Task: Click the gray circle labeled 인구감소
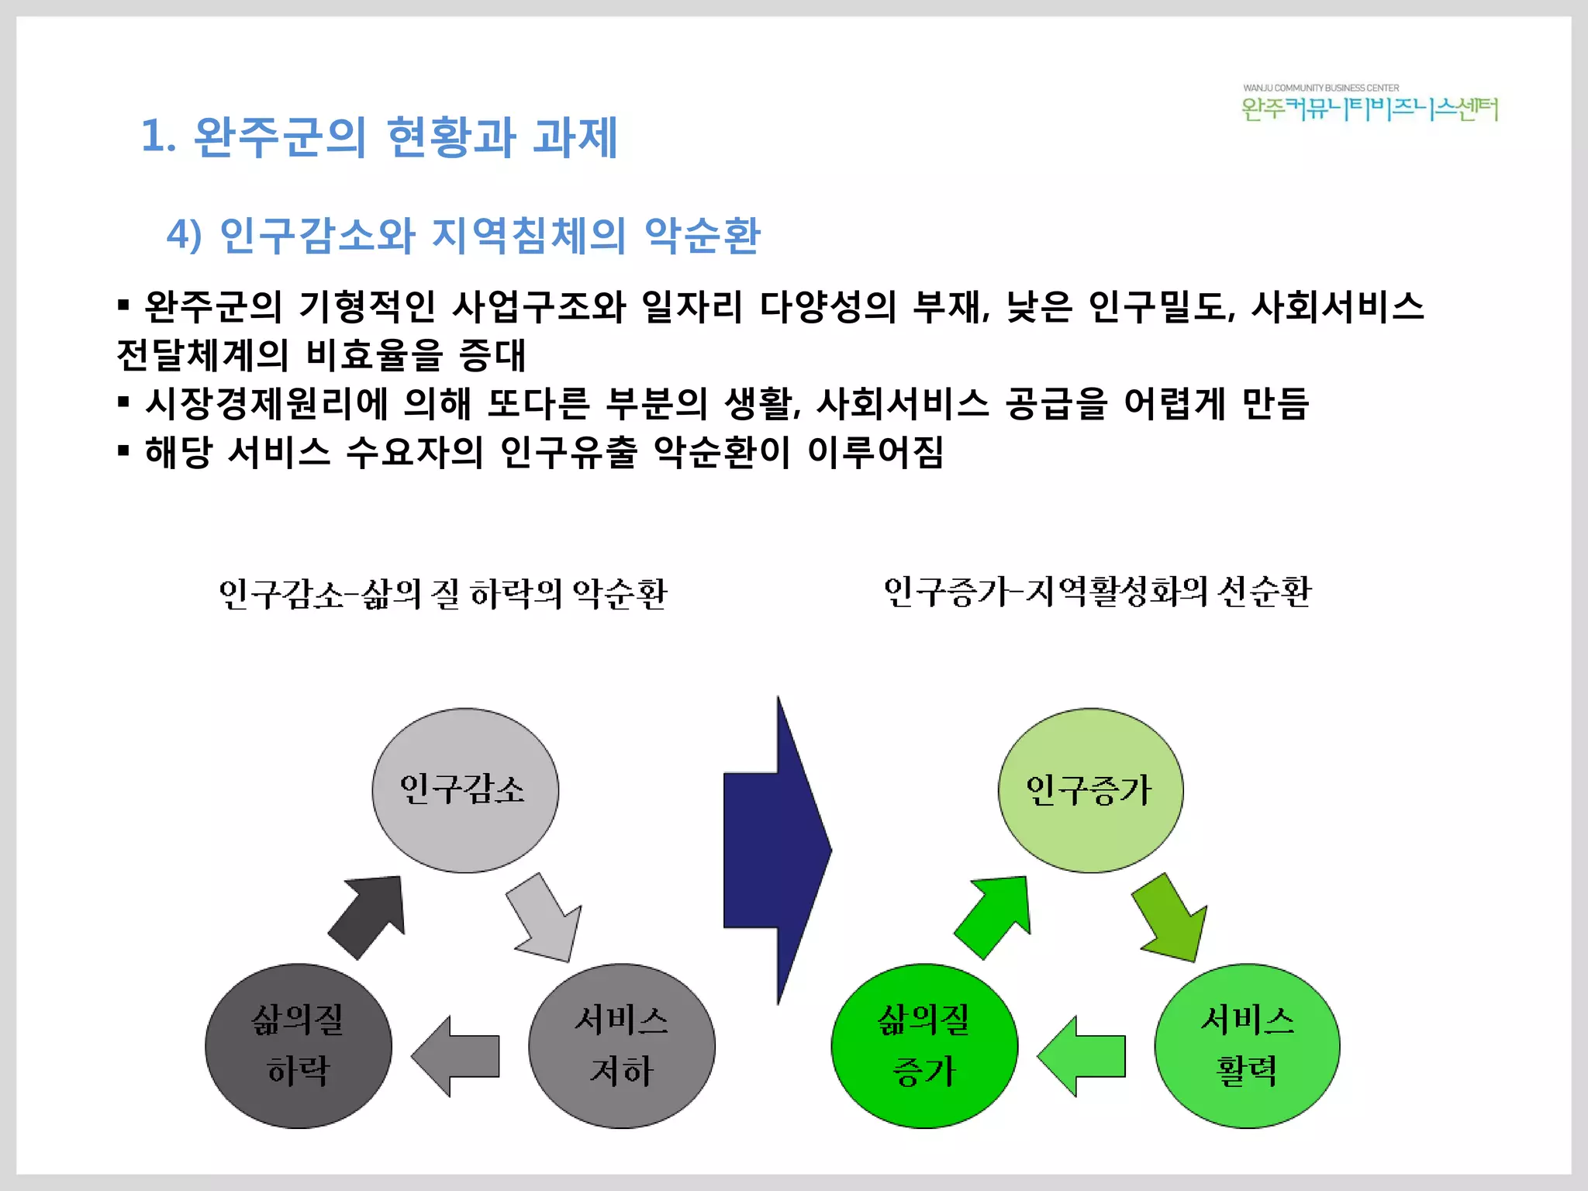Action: (465, 790)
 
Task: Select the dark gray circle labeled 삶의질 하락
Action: (299, 1046)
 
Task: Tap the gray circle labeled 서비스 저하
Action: (622, 1046)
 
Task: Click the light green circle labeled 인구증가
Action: (1090, 790)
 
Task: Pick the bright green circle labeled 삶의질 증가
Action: (924, 1046)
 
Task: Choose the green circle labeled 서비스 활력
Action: (1247, 1046)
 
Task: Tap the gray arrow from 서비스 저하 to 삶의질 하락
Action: (457, 1056)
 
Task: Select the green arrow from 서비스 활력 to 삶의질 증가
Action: (1083, 1056)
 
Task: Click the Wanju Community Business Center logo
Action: (1369, 104)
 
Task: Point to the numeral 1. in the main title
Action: (158, 136)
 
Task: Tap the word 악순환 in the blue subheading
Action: (703, 235)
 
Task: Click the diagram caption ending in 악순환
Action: (443, 594)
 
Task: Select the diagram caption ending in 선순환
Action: (1097, 592)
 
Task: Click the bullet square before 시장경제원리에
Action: (123, 402)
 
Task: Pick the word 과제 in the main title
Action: (575, 136)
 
